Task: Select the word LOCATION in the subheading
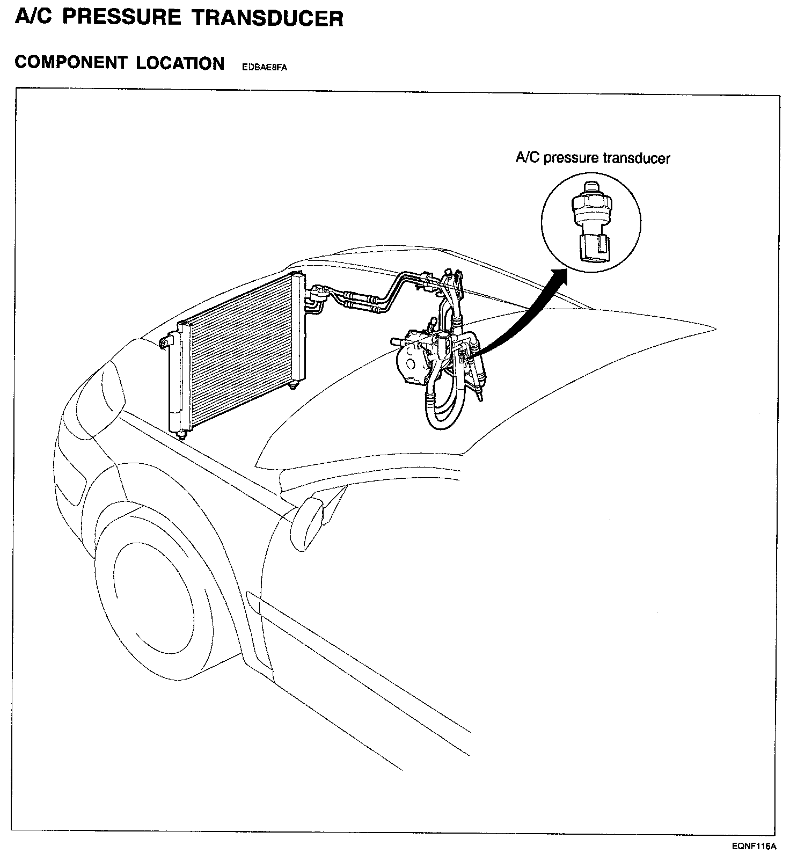pyautogui.click(x=180, y=63)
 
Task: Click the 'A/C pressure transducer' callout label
pyautogui.click(x=592, y=158)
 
